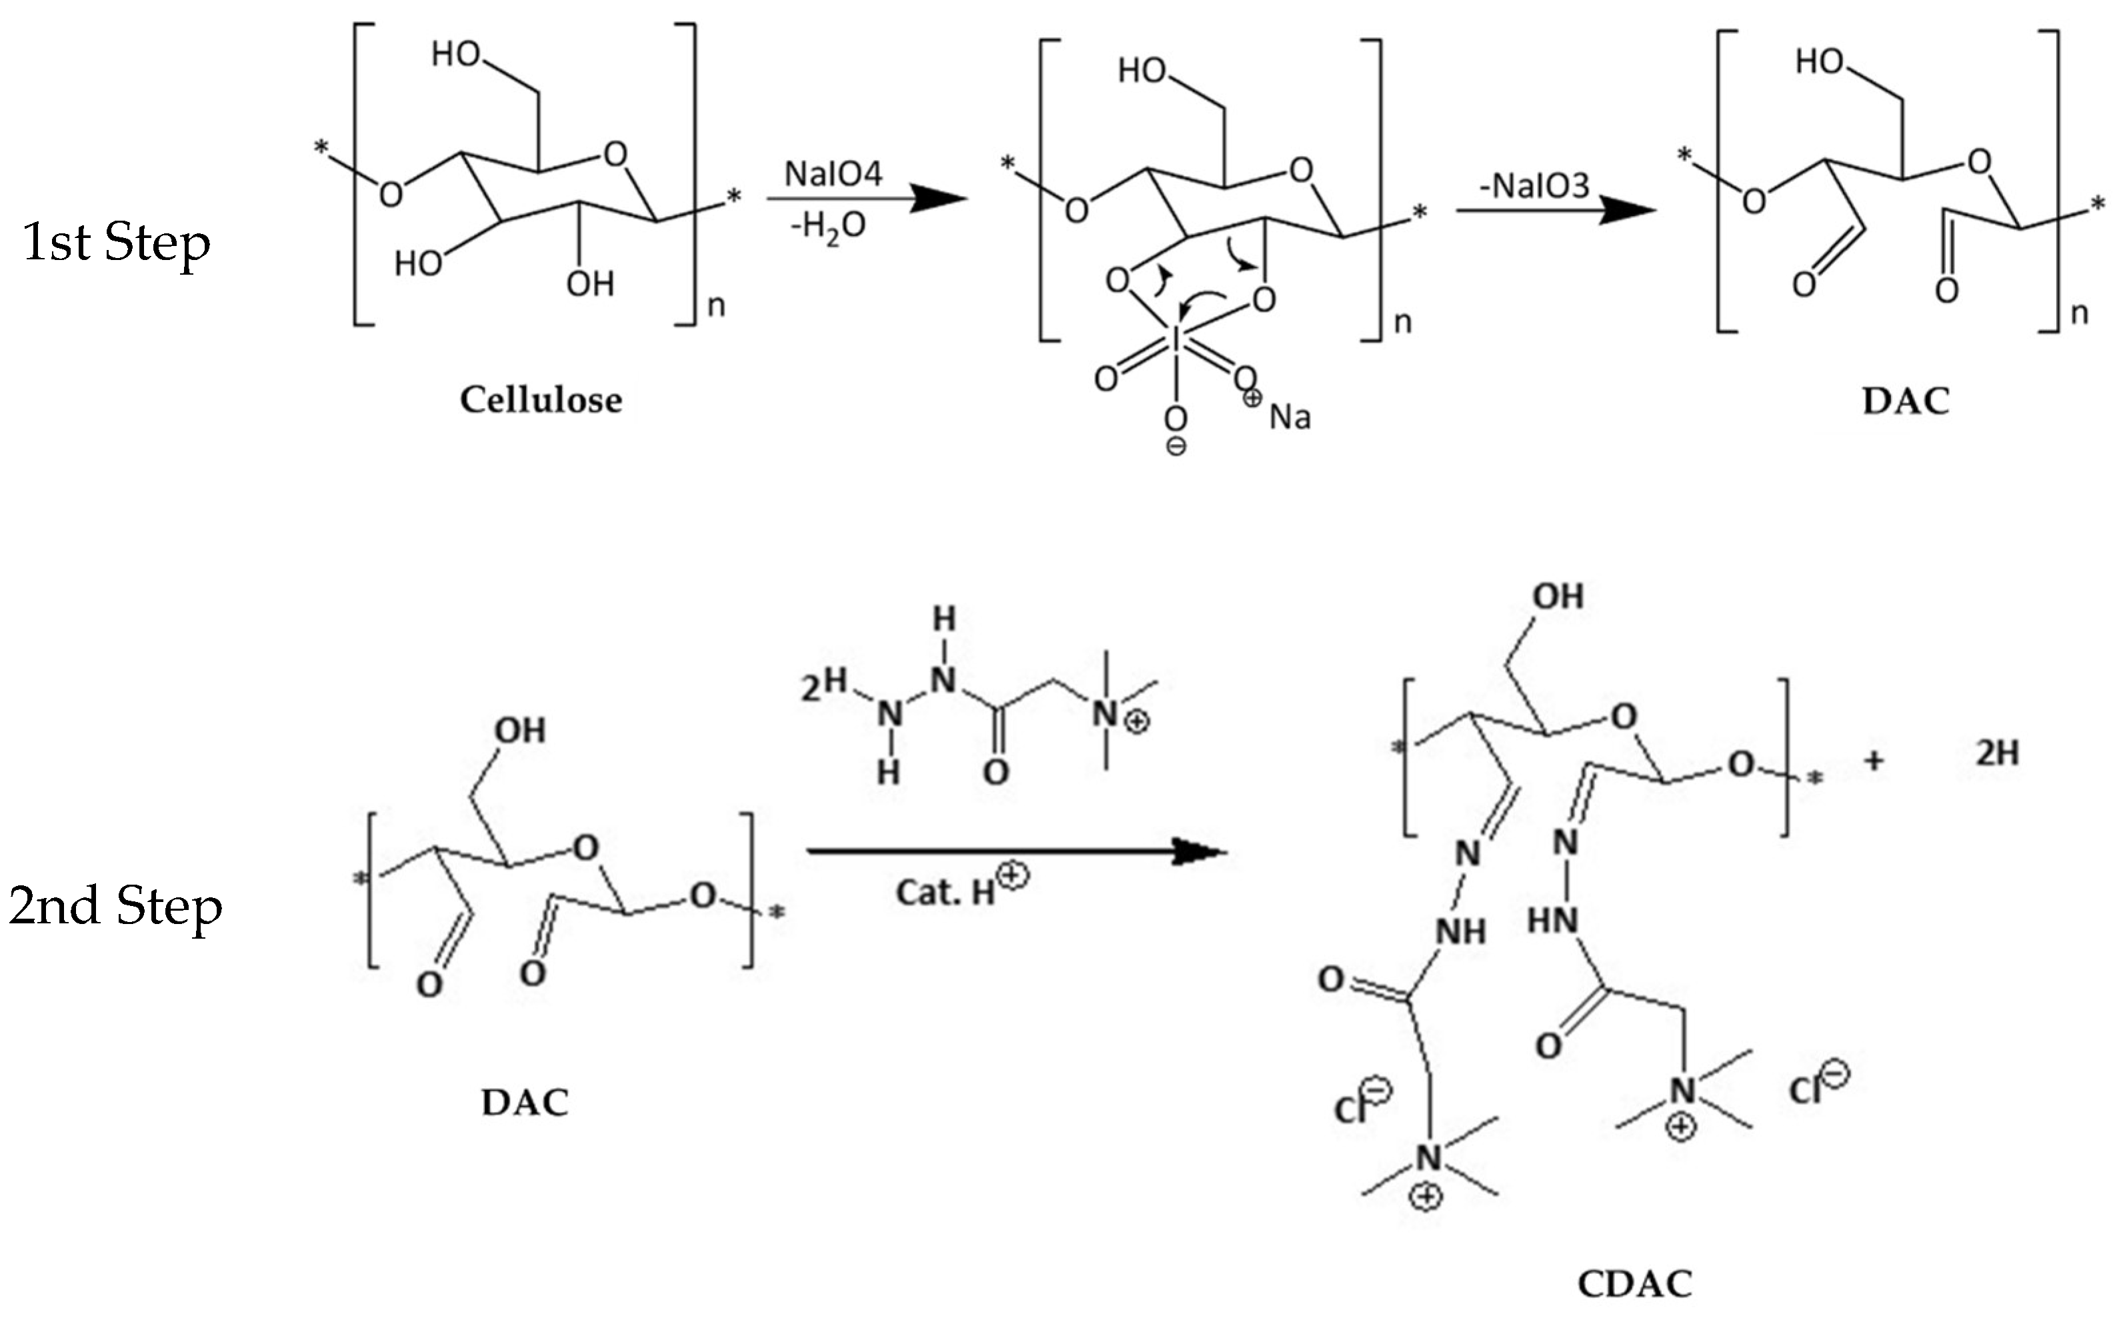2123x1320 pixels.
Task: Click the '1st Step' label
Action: tap(116, 243)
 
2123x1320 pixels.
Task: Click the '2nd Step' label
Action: tap(116, 906)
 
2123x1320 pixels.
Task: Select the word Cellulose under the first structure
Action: tap(541, 400)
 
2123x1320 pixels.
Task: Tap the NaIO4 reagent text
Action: tap(833, 174)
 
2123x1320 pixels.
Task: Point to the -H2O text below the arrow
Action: tap(827, 227)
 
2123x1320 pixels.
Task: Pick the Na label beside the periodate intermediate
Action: tap(1290, 417)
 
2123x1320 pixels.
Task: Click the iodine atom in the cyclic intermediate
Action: tap(1176, 339)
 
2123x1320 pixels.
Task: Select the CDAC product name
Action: tap(1634, 1284)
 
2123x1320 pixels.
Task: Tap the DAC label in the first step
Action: tap(1906, 401)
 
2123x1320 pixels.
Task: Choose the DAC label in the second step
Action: tap(525, 1103)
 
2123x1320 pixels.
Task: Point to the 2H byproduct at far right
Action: tap(1997, 753)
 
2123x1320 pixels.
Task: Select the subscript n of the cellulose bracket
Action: tap(716, 305)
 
